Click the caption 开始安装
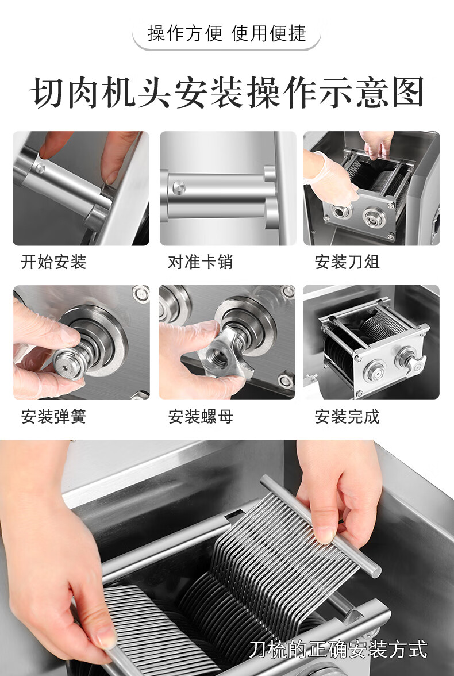point(53,262)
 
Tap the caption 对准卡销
point(200,262)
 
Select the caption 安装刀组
point(347,262)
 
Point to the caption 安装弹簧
point(53,416)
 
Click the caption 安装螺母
point(201,416)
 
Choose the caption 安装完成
point(347,416)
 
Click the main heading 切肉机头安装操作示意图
point(227,92)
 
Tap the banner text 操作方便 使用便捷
point(227,33)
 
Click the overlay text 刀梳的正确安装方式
point(338,650)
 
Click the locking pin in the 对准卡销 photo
point(179,187)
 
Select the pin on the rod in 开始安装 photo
point(40,167)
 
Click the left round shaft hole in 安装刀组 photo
point(341,212)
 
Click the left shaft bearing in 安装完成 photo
point(375,370)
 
